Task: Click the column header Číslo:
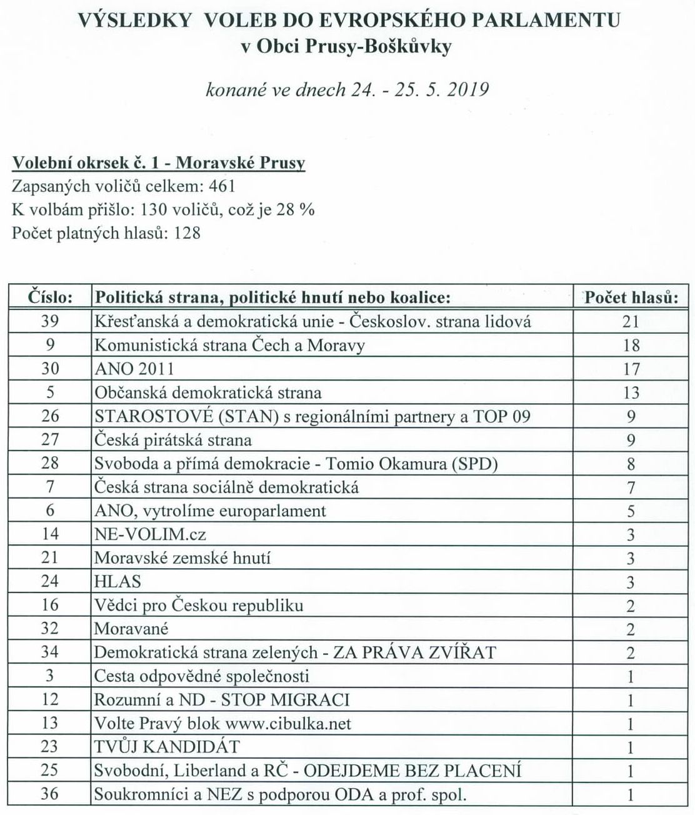point(51,297)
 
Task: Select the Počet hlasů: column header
point(631,297)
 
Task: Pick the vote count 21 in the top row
point(631,321)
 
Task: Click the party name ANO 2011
point(134,369)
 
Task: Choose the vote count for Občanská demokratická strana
point(631,392)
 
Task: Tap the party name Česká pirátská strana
point(172,440)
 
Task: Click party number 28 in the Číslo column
point(49,464)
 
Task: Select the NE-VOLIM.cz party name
point(150,534)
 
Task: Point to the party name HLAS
point(117,582)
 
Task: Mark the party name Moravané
point(131,629)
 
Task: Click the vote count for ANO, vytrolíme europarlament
point(631,511)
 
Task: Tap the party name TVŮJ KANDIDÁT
point(167,747)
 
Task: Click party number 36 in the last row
point(49,794)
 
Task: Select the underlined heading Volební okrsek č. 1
point(88,163)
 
